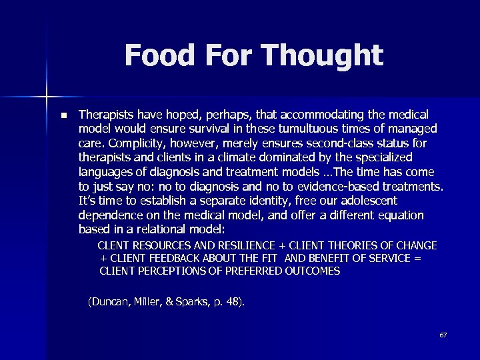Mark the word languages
click(106, 172)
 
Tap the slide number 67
click(443, 335)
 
